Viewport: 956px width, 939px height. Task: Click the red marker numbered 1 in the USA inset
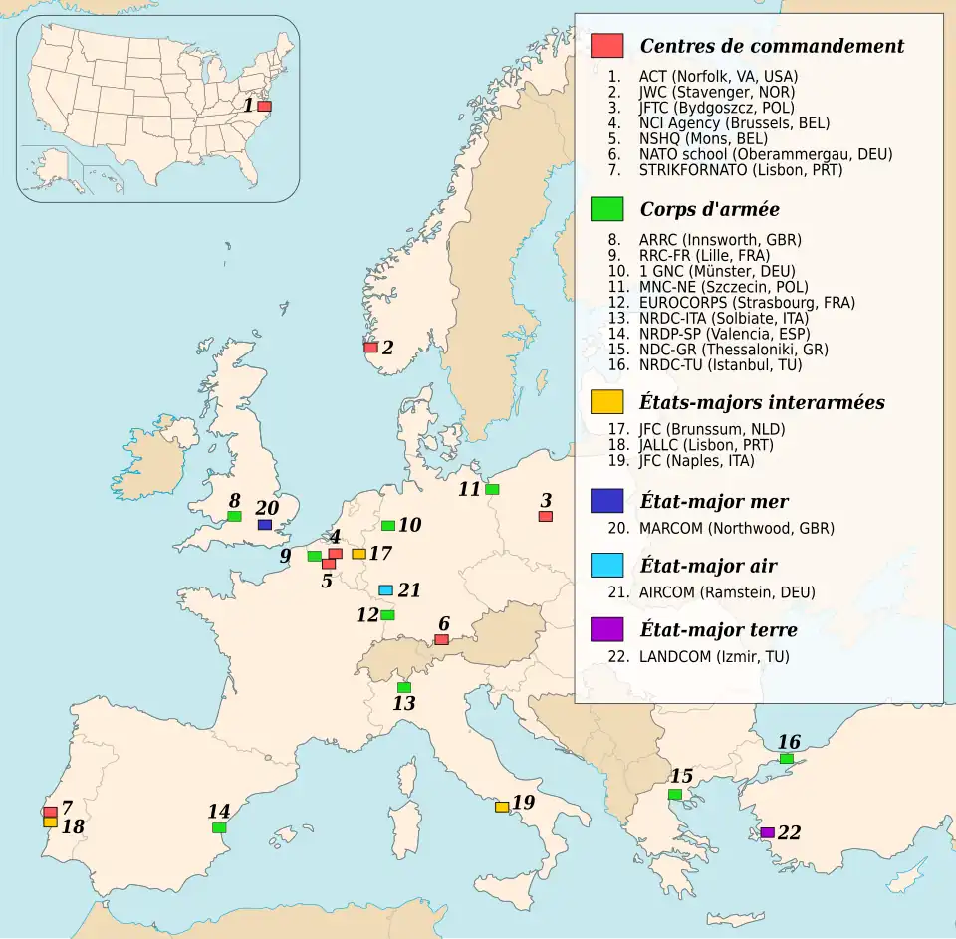coord(264,106)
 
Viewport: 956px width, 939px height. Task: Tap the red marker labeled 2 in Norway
coord(370,348)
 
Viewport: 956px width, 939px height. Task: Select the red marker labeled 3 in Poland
coord(545,516)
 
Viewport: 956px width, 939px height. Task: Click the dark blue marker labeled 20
coord(264,524)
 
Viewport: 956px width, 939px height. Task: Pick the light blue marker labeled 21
coord(385,589)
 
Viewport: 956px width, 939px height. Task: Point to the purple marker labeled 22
coord(767,832)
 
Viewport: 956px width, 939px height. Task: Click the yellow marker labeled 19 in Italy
coord(502,807)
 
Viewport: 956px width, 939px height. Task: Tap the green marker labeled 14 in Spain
coord(219,827)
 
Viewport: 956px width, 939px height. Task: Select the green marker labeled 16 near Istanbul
coord(786,759)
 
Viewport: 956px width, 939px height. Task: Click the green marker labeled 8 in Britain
coord(234,516)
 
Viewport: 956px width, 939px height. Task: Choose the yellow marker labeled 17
coord(358,554)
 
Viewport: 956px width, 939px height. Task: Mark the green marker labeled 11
coord(492,489)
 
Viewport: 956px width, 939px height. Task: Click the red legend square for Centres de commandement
coord(606,46)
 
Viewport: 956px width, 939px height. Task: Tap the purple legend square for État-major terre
coord(606,629)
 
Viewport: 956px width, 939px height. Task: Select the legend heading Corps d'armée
coord(709,209)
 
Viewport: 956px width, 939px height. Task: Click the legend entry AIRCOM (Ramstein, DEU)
coord(727,592)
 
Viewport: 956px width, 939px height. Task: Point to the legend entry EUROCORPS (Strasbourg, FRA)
coord(747,302)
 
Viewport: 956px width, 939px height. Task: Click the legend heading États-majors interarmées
coord(762,403)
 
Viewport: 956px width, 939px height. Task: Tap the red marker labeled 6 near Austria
coord(441,639)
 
